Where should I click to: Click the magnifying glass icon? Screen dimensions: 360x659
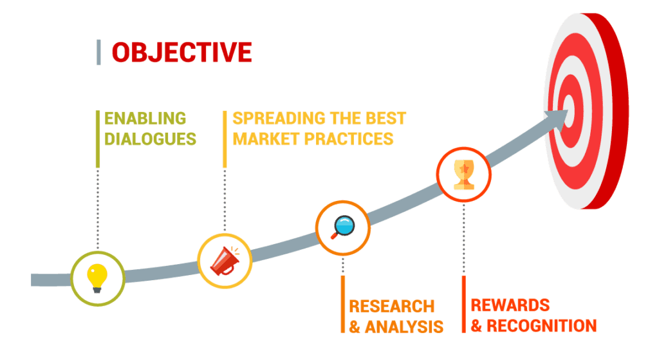click(342, 226)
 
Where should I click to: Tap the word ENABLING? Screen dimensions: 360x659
click(145, 118)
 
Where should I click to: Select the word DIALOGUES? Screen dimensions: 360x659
click(151, 138)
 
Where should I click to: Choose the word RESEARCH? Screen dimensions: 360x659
click(391, 306)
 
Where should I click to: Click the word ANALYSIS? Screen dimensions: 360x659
click(404, 327)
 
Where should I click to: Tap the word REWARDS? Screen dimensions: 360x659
click(510, 305)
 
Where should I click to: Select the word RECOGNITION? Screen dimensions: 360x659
click(541, 325)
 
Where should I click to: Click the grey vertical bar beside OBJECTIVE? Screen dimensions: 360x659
click(98, 52)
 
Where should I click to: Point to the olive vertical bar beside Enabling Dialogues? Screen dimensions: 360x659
click(97, 138)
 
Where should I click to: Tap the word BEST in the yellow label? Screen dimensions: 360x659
click(387, 118)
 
